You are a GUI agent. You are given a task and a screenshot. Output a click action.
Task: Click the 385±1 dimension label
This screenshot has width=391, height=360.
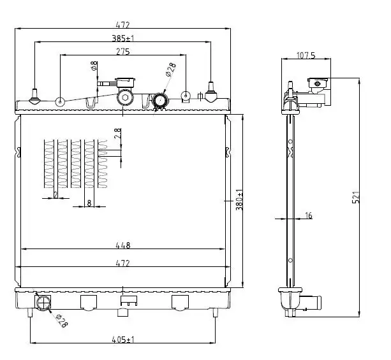coord(122,38)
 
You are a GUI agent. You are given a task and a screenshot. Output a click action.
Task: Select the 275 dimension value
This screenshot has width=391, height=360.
coord(123,52)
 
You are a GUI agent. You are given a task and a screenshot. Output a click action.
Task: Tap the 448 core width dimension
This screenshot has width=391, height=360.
coord(123,245)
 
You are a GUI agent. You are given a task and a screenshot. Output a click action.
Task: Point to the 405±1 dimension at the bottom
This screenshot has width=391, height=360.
coord(123,340)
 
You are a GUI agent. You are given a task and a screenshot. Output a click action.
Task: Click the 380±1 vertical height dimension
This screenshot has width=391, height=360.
coord(239,200)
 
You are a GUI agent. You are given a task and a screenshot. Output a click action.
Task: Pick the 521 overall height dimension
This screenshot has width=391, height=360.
coord(356,198)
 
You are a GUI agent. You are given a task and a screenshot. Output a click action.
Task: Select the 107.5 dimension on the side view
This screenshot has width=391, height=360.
coord(306,55)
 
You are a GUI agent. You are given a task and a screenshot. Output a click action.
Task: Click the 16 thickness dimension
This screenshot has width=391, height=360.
coord(309,215)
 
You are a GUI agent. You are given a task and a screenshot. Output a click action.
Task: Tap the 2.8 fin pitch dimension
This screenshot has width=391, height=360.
coord(118,133)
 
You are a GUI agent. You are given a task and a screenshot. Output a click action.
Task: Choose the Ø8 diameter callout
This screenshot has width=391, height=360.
coord(94,66)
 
